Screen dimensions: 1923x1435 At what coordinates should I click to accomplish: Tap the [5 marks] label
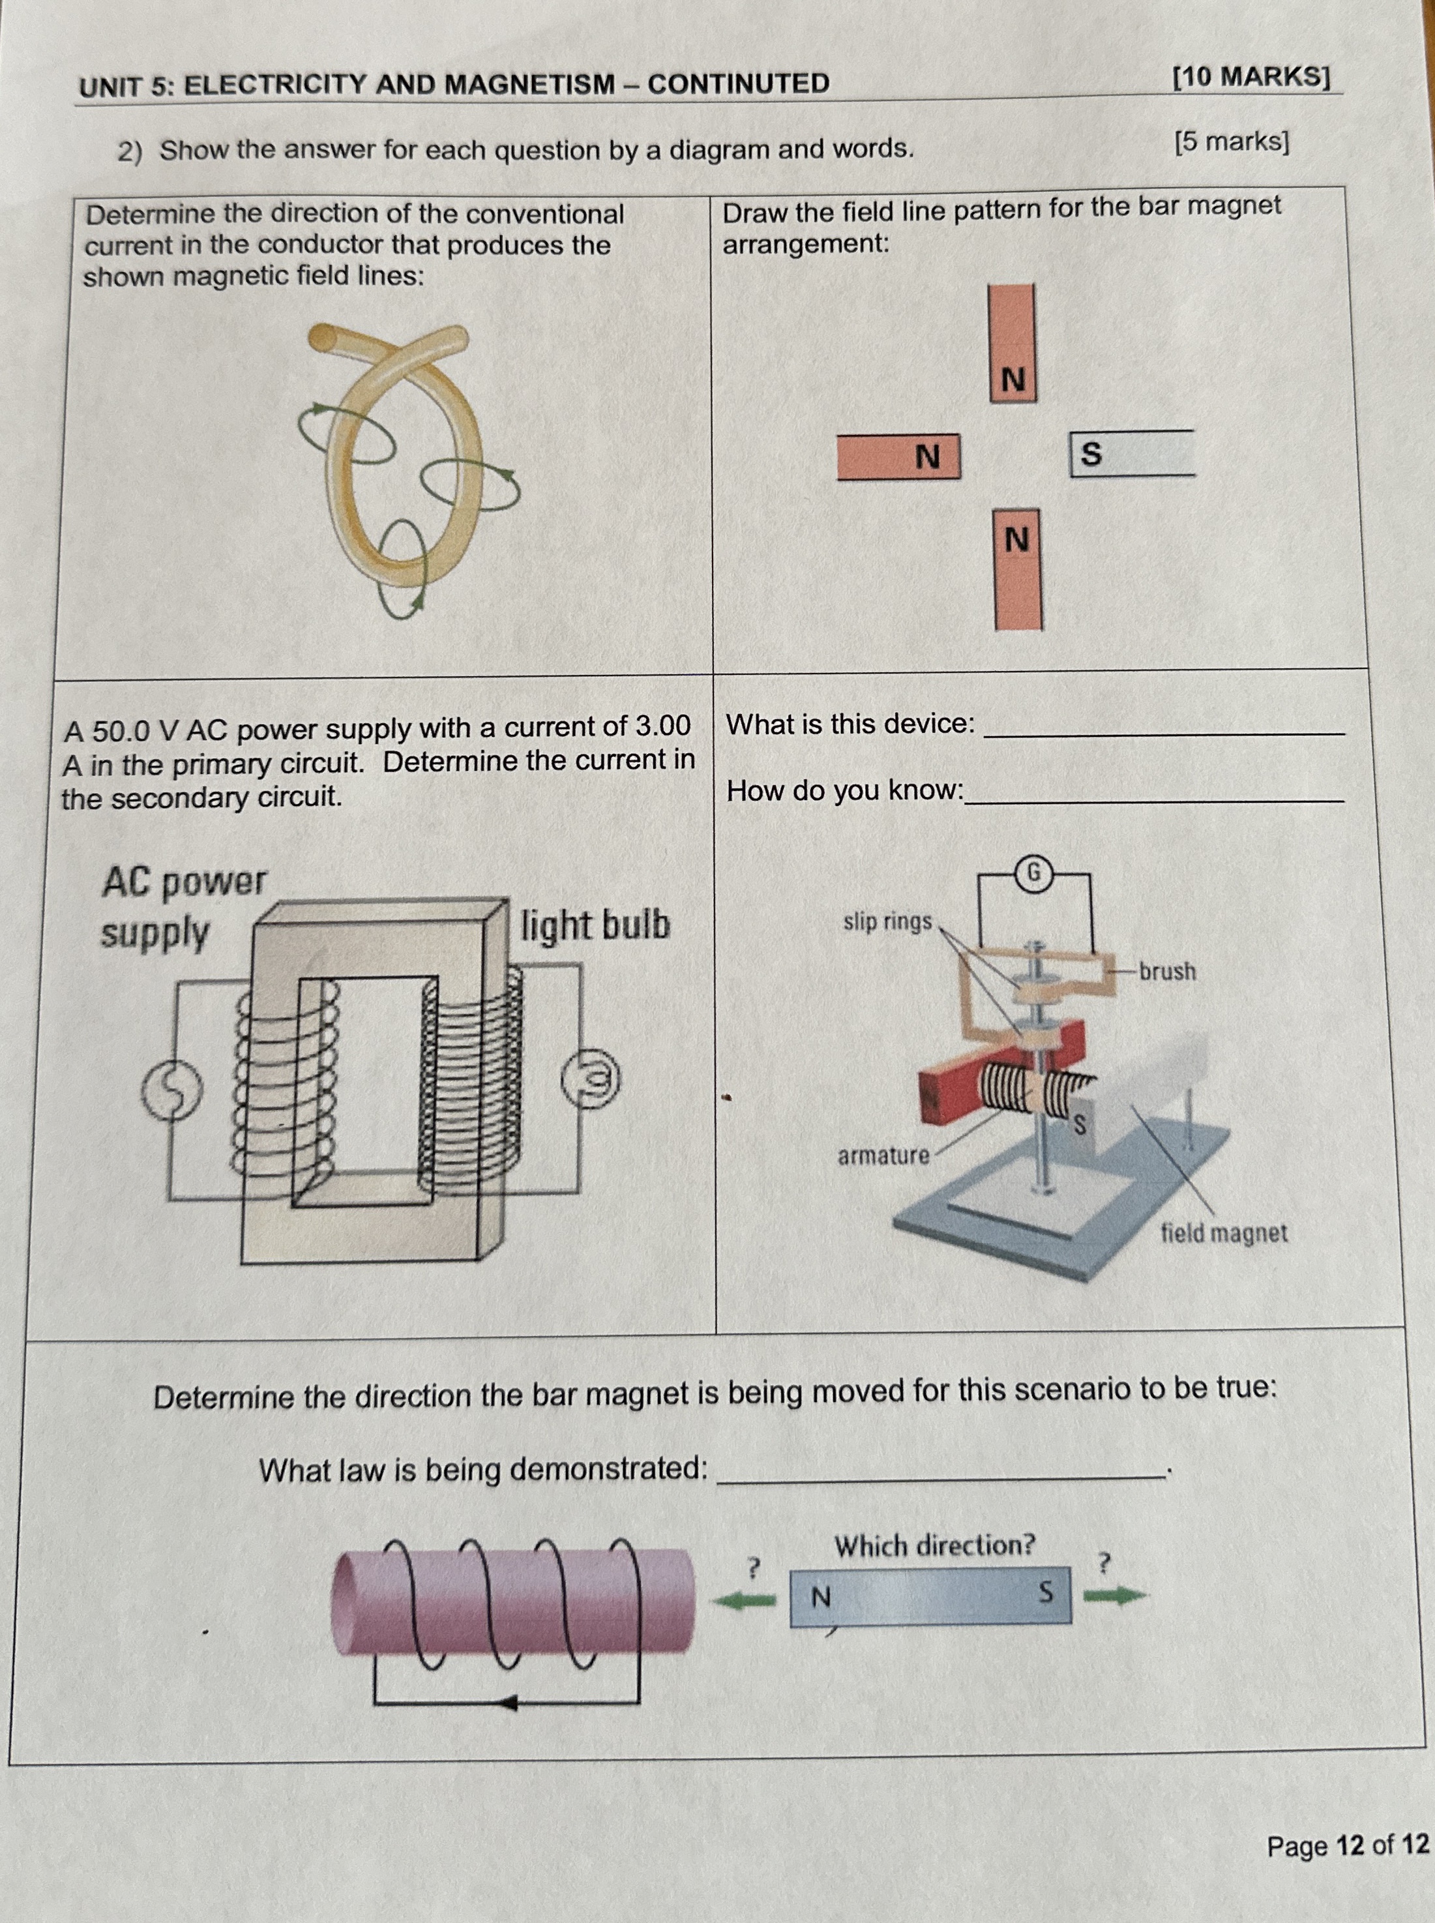point(1231,141)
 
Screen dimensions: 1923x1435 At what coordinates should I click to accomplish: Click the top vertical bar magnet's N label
point(1013,380)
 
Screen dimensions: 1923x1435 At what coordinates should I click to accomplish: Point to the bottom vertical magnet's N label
point(1016,539)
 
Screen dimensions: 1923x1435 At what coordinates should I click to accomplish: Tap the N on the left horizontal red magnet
point(928,456)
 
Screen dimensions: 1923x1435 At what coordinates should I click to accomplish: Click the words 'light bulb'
point(596,926)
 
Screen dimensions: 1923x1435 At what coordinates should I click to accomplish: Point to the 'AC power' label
point(184,882)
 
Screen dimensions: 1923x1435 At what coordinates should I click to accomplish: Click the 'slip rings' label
point(887,921)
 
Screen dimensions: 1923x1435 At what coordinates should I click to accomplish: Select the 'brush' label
point(1168,971)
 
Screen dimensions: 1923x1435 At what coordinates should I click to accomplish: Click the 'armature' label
point(883,1156)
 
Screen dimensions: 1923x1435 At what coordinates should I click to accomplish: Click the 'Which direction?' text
point(935,1545)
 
